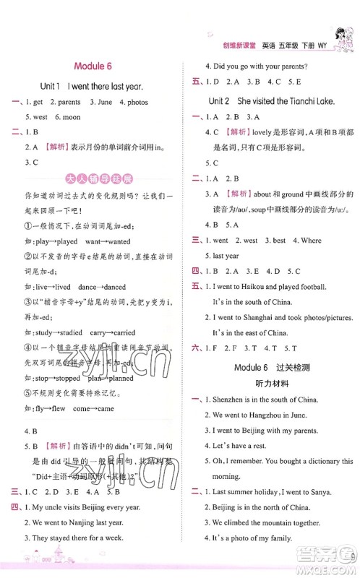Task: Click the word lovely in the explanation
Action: [265, 132]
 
